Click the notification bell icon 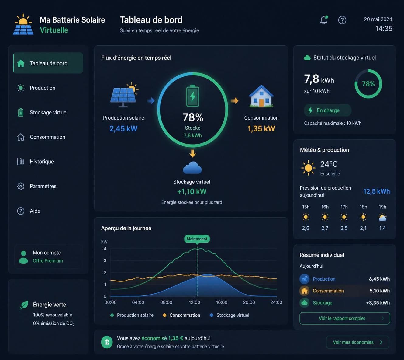324,20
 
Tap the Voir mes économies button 357,342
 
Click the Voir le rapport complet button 345,318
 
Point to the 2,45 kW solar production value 123,129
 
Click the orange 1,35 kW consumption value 261,129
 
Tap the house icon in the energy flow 261,96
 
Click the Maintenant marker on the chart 197,239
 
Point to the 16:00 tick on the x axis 222,302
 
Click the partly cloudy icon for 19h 382,217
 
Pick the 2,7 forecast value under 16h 325,228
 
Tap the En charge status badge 328,110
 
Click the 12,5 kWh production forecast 376,191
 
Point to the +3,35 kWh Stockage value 378,303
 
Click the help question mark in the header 342,20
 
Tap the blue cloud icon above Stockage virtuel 192,168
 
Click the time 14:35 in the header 384,29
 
